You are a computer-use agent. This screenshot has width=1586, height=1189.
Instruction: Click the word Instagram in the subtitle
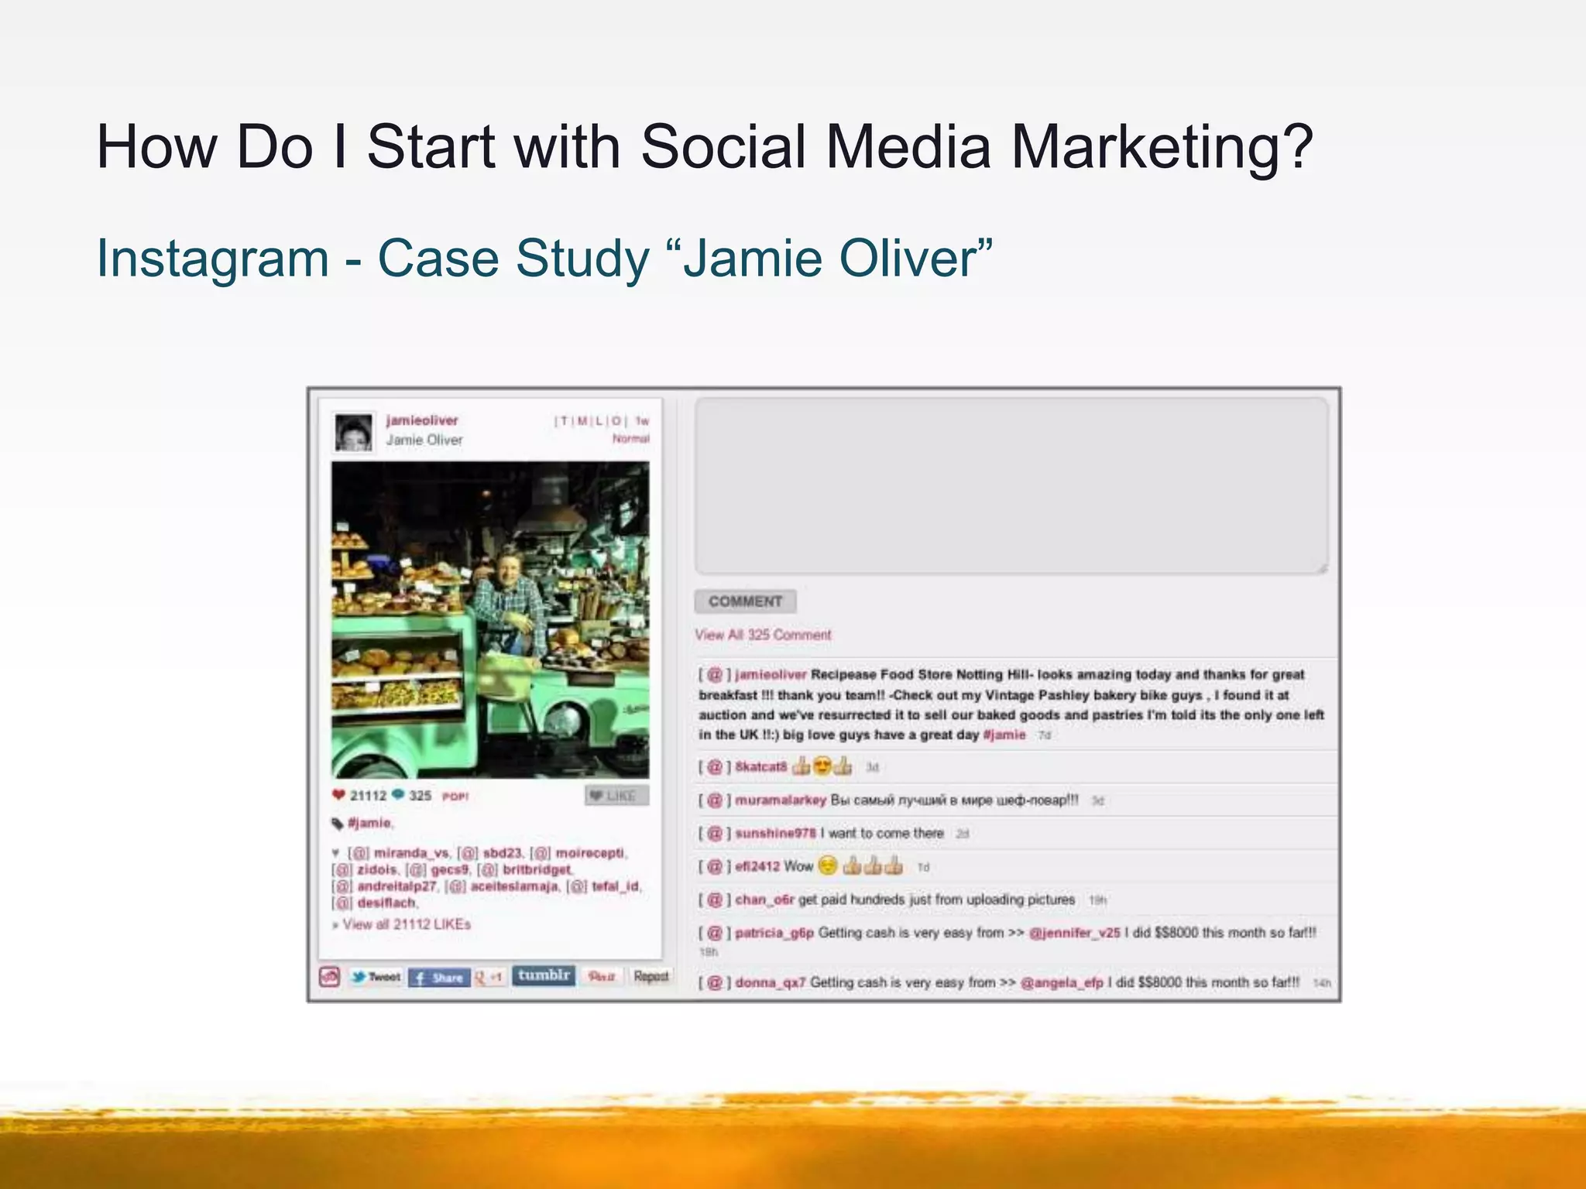[x=213, y=259]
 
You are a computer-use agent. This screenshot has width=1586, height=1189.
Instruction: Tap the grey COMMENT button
[x=745, y=601]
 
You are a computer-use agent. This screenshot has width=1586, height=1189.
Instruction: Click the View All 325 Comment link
[x=763, y=635]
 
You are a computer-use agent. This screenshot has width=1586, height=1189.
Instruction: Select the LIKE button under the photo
[x=616, y=796]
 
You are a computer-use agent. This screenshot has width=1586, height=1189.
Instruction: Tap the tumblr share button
[x=544, y=975]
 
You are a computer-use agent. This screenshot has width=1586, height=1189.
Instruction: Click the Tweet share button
[x=376, y=977]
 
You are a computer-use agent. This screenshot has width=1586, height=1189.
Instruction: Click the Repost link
[x=651, y=976]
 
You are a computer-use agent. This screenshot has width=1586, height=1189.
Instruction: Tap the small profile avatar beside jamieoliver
[x=353, y=432]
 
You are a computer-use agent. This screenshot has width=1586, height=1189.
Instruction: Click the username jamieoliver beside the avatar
[x=422, y=420]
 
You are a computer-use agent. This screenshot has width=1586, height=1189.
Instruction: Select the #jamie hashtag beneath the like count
[x=369, y=823]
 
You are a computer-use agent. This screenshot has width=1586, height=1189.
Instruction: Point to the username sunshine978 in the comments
[x=775, y=834]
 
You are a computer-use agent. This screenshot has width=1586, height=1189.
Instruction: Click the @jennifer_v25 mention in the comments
[x=1074, y=933]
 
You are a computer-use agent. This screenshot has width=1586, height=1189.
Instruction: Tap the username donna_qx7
[x=770, y=982]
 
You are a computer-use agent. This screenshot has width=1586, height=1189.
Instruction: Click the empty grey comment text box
[x=1011, y=486]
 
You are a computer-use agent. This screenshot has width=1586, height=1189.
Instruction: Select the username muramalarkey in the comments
[x=781, y=800]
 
